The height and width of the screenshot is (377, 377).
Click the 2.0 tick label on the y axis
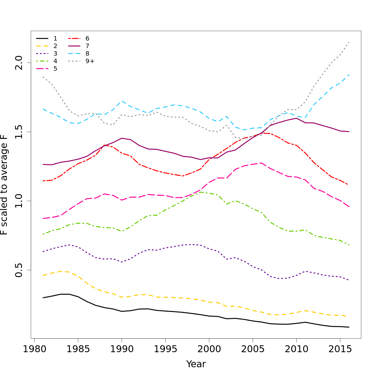tap(19, 63)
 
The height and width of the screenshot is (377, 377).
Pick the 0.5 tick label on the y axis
tap(19, 270)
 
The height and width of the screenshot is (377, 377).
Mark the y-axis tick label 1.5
tap(19, 132)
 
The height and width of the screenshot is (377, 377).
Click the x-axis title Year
tap(196, 364)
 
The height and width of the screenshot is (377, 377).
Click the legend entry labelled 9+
tap(90, 61)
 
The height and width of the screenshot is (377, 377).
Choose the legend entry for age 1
tap(55, 39)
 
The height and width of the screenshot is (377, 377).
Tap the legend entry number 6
tap(87, 39)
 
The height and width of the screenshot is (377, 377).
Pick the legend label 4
tap(55, 61)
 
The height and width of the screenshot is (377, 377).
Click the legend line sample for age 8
tap(74, 54)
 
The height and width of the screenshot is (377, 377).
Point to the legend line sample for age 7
tap(74, 46)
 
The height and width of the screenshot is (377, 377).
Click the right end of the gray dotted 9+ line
tap(349, 42)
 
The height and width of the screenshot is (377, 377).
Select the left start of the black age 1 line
tap(43, 298)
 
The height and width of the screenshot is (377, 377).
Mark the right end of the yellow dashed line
tap(347, 316)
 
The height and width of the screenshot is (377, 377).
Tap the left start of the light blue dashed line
tap(43, 109)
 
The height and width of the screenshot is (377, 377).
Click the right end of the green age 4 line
tap(349, 245)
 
